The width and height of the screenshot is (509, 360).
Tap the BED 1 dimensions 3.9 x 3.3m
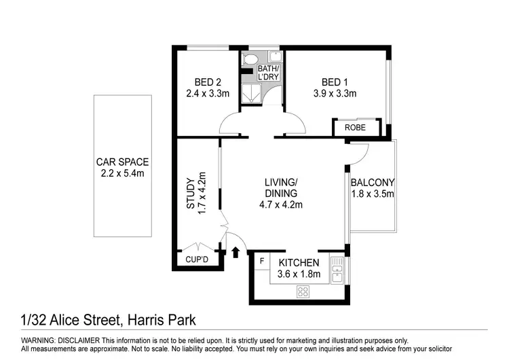click(x=335, y=94)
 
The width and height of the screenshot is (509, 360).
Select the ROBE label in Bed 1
click(x=355, y=128)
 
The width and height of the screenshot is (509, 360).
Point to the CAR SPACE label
click(x=122, y=162)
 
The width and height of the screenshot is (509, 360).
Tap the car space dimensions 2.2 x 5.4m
click(x=122, y=173)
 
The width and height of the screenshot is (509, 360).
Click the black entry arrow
click(x=235, y=253)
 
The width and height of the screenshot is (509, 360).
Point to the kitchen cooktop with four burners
click(x=303, y=291)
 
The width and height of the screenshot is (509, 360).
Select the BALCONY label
click(x=372, y=183)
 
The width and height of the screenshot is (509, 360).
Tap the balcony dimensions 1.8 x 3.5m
click(x=372, y=194)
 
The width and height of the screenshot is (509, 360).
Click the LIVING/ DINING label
click(x=281, y=188)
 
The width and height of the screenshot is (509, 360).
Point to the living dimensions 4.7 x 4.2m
click(x=281, y=204)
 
